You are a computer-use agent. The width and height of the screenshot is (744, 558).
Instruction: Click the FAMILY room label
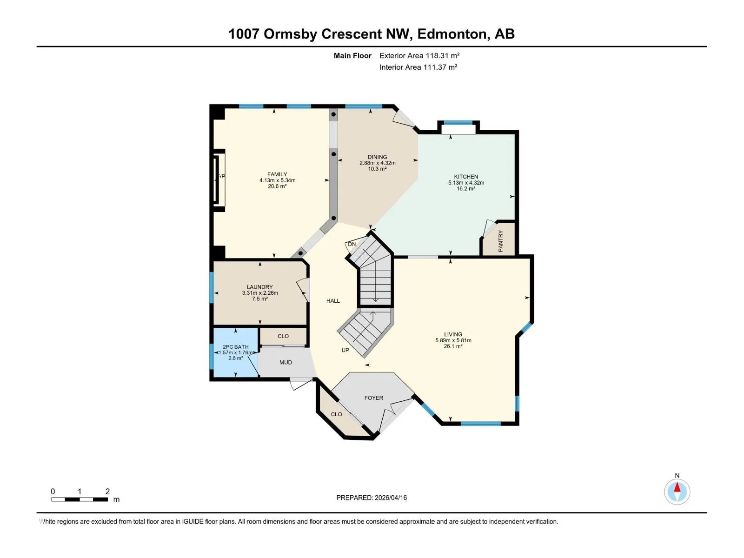click(x=277, y=174)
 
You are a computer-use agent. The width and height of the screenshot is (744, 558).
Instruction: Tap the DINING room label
click(x=377, y=157)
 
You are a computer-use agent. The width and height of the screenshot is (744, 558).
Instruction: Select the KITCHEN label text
click(x=466, y=177)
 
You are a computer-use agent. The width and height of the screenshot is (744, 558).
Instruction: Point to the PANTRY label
click(x=501, y=241)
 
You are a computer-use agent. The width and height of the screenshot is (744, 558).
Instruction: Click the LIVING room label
click(x=453, y=334)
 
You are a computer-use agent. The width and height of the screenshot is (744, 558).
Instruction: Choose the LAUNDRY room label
click(x=259, y=286)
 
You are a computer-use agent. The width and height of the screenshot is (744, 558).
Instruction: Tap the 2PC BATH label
click(x=236, y=346)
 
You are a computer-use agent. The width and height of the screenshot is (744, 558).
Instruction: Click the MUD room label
click(x=286, y=362)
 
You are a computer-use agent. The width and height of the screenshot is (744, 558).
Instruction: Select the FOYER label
click(x=374, y=398)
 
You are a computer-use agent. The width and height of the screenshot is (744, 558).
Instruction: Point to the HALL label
click(x=333, y=300)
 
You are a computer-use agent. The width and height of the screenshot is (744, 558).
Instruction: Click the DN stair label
click(x=352, y=244)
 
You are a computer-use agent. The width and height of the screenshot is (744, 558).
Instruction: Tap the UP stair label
click(x=345, y=350)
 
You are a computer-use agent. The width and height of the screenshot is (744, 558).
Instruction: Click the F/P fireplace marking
click(x=221, y=176)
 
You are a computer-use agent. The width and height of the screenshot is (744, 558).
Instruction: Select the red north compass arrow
click(x=677, y=487)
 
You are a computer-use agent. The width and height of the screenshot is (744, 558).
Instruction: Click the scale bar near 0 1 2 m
click(x=80, y=499)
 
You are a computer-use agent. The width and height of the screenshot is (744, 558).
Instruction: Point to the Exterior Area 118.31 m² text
click(x=419, y=55)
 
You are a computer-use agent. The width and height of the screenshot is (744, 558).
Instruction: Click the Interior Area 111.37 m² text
click(x=418, y=67)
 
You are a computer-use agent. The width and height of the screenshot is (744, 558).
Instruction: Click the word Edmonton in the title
click(x=452, y=34)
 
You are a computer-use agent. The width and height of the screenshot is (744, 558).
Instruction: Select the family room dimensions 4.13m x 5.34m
click(x=277, y=180)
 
